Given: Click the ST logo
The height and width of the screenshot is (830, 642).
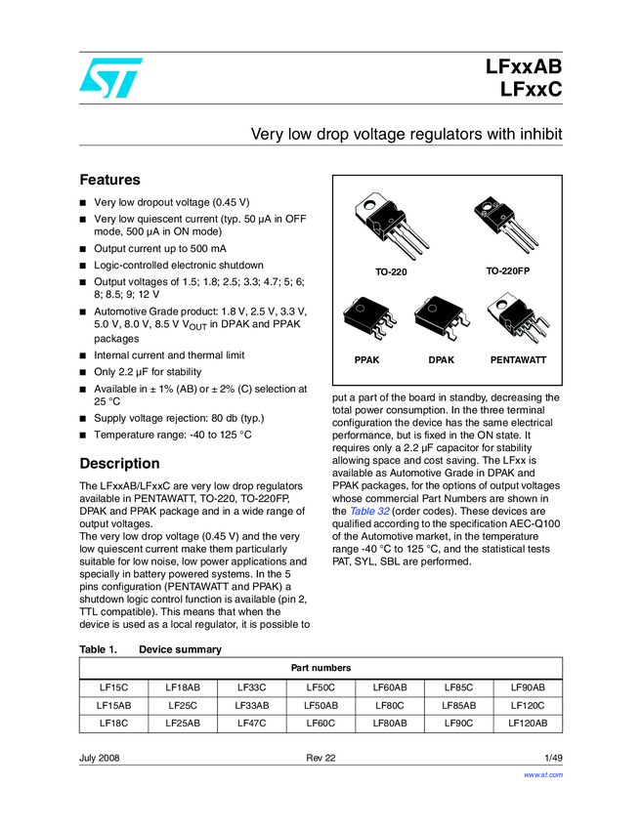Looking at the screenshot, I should click(110, 77).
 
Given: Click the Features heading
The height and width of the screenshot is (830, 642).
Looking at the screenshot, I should click(109, 180).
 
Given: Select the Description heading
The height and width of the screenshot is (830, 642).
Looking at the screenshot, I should click(119, 463).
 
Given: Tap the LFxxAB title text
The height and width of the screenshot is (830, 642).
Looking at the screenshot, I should click(524, 68).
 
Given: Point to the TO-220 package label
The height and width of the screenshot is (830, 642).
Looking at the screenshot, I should click(391, 271).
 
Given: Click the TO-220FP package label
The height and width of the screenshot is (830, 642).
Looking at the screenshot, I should click(514, 269).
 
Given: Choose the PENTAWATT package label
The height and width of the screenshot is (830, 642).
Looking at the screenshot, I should click(518, 360).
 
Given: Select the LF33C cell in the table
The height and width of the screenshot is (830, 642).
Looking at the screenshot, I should click(252, 687).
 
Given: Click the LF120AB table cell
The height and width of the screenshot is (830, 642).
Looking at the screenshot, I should click(528, 724).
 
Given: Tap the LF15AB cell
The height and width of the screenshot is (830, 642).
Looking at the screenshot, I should click(113, 705).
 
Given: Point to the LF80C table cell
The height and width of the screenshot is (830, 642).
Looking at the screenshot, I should click(390, 705).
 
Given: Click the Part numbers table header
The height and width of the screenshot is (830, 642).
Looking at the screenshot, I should click(321, 668).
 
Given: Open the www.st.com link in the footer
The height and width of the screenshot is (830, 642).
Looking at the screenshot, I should click(544, 774).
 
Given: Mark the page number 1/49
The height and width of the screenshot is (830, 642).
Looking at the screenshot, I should click(553, 758).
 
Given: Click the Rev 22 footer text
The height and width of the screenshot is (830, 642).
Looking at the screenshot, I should click(321, 758).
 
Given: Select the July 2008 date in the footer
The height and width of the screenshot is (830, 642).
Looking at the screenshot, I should click(100, 758).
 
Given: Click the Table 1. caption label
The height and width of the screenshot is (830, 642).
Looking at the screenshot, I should click(98, 649).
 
